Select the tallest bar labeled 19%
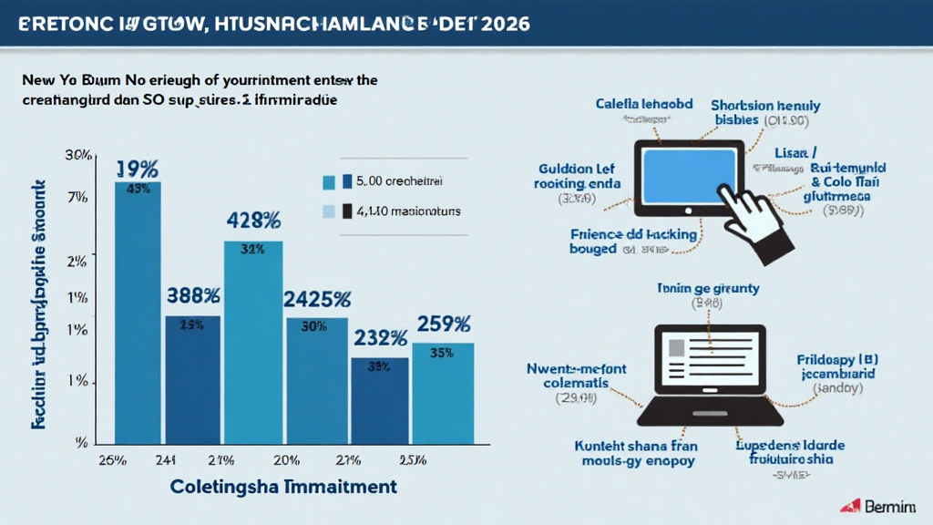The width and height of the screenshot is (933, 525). [x=138, y=310]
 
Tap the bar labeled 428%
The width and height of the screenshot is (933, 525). [x=253, y=337]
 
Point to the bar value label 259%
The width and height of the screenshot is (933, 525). [x=444, y=324]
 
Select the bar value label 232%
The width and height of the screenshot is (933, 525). [x=381, y=338]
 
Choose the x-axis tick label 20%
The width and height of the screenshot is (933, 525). [x=286, y=458]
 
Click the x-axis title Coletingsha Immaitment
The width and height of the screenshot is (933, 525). [x=283, y=486]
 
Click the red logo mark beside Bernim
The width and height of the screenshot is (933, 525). [x=851, y=506]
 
